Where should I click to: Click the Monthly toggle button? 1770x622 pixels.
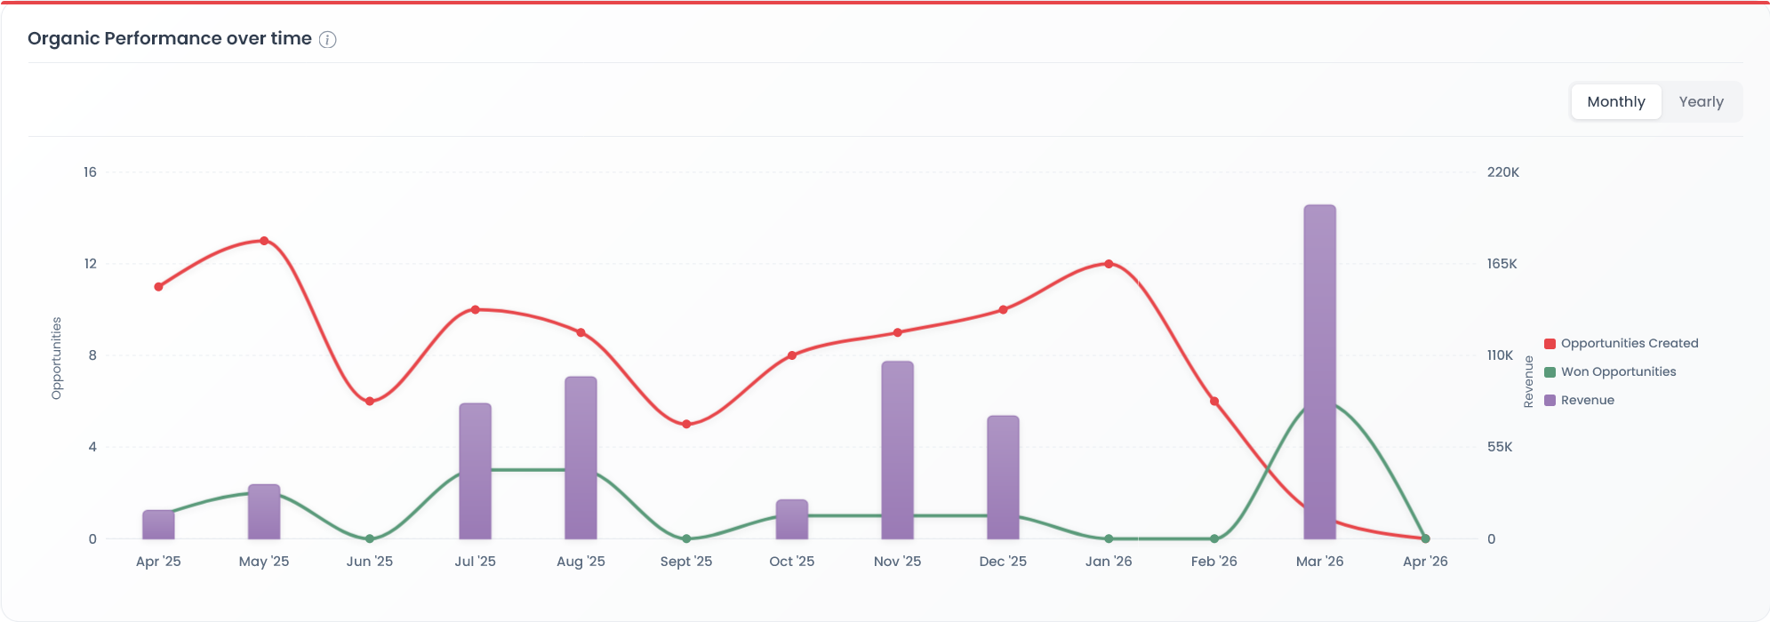(1615, 102)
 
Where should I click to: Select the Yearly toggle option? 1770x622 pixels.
(1701, 102)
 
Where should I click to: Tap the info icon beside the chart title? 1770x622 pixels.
(328, 39)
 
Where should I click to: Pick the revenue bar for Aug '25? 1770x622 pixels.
(581, 458)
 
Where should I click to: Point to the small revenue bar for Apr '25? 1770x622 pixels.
(158, 524)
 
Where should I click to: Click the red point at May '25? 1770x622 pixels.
(264, 241)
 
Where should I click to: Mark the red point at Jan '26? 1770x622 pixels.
(1109, 264)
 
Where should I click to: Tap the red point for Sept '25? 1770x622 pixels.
(686, 424)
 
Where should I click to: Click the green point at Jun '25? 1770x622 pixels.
(370, 538)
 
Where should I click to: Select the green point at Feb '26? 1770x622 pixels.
(1214, 538)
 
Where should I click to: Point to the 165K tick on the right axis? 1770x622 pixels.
(1502, 264)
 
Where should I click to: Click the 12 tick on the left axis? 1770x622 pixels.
(91, 264)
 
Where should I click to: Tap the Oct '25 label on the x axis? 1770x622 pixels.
(791, 562)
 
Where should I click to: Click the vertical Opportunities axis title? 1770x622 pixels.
(57, 358)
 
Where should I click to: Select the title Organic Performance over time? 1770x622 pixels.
(170, 39)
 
